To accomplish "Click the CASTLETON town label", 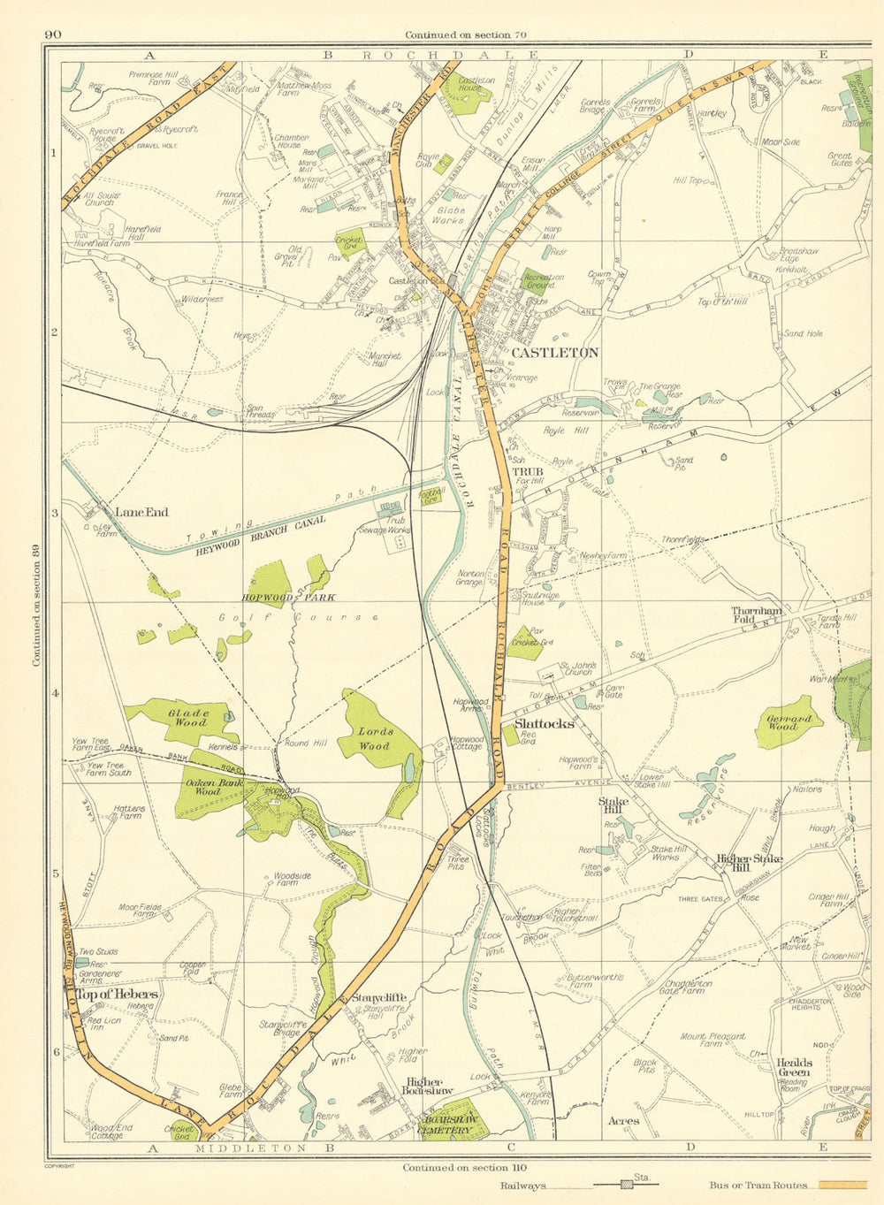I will [x=554, y=352].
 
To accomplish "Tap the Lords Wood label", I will [x=375, y=739].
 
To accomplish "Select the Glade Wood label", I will [x=188, y=717].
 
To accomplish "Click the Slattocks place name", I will [x=544, y=723].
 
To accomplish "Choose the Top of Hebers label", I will [x=117, y=995].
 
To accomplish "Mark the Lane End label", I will [x=141, y=512].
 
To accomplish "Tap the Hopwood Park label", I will [x=289, y=598].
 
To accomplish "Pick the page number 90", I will [x=51, y=34].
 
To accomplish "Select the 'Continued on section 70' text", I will [x=465, y=34].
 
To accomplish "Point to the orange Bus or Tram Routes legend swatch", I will [x=842, y=1185].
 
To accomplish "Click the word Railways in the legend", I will [x=523, y=1186].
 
